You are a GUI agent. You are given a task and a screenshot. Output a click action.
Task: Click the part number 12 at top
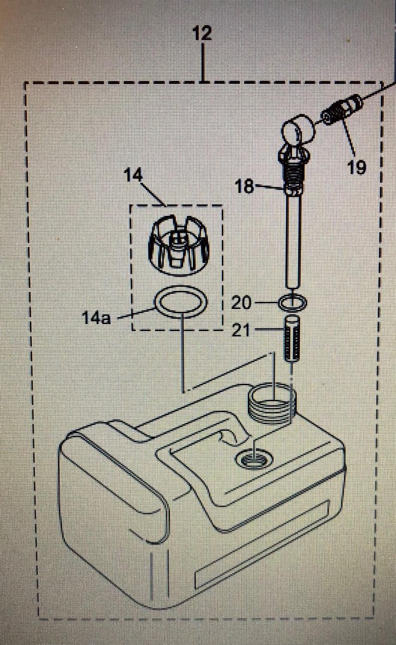(x=202, y=34)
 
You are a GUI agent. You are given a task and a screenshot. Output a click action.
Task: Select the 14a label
(x=96, y=318)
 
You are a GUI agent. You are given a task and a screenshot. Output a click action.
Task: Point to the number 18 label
(x=245, y=186)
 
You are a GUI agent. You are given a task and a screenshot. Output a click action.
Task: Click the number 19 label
(x=356, y=167)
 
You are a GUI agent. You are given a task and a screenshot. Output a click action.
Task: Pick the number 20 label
(x=241, y=303)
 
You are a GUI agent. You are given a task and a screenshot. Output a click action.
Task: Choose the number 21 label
(x=241, y=331)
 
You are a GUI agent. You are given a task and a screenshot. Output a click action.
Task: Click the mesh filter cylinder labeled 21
(x=292, y=338)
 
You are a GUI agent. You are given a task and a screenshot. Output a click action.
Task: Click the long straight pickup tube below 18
(x=293, y=240)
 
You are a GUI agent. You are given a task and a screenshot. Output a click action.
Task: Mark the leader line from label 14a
(x=136, y=313)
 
